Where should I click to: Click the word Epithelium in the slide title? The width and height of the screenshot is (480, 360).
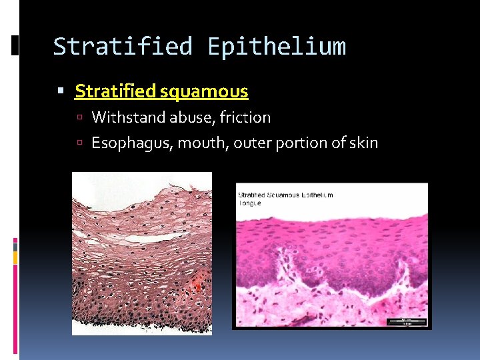276,47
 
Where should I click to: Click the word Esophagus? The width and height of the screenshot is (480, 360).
131,143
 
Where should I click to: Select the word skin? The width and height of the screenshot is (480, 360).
363,143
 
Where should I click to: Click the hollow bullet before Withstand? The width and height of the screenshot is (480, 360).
79,118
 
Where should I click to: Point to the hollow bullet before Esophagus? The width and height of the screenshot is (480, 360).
79,143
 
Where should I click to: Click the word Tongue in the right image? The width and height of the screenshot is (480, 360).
249,203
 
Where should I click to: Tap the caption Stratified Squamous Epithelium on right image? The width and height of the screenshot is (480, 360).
285,195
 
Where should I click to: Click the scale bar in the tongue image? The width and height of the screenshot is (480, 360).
406,321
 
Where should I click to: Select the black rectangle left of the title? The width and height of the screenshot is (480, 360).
16,45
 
